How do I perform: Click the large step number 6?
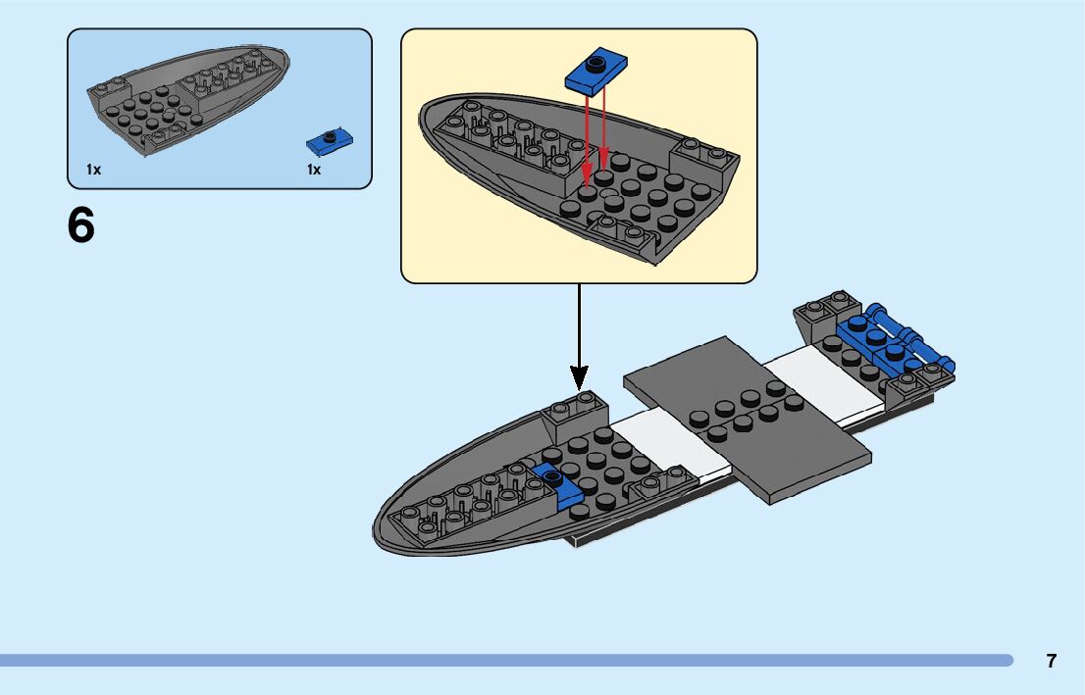click(x=81, y=226)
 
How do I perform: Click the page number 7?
click(x=1052, y=661)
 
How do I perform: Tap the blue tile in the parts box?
click(x=330, y=142)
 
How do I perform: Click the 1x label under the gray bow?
click(x=93, y=170)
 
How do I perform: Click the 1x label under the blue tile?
click(x=314, y=170)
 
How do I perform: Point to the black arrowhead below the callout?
click(x=579, y=376)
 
